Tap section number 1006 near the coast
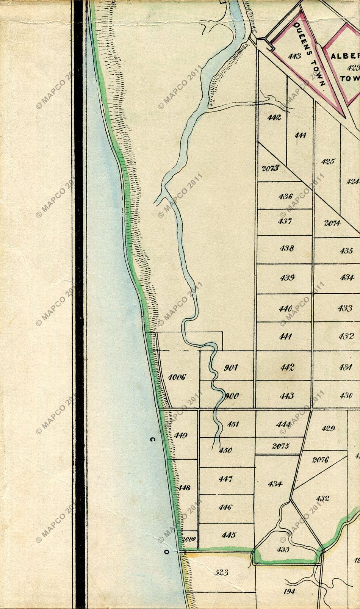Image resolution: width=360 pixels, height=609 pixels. [x=177, y=377]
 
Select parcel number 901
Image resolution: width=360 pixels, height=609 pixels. [x=230, y=368]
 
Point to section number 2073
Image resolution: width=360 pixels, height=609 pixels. [x=270, y=168]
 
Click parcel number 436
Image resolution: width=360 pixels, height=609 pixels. [x=285, y=196]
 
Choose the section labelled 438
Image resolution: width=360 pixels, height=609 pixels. [x=286, y=249]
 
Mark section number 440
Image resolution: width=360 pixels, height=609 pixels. [x=285, y=308]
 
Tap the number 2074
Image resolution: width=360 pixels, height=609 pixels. [x=332, y=223]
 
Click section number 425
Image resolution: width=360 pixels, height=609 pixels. [x=328, y=161]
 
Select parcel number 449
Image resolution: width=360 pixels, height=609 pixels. [x=180, y=435]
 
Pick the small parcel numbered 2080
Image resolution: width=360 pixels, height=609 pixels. [x=189, y=540]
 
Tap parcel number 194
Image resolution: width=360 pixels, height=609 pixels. [x=289, y=591]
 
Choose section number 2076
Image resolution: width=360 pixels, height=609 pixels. [x=320, y=460]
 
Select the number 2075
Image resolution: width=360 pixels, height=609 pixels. [x=280, y=446]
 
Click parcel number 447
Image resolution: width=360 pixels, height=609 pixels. [x=225, y=479]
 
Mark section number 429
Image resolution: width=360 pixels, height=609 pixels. [x=328, y=429]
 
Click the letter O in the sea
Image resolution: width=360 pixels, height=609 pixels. [x=166, y=552]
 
